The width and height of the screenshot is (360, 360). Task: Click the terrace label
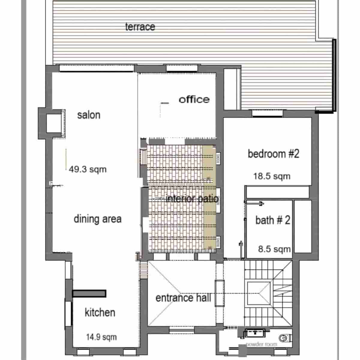tap(140, 27)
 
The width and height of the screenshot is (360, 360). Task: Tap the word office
tap(194, 99)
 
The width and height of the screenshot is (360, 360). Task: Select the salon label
tap(88, 115)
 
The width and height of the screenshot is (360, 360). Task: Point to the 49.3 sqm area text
tap(88, 169)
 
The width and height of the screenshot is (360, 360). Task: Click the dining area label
tap(97, 219)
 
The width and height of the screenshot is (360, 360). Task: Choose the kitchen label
tap(100, 312)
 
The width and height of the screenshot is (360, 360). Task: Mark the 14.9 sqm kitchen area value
tap(101, 337)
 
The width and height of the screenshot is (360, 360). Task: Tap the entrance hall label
tap(183, 298)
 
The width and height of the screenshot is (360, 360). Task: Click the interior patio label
tap(192, 199)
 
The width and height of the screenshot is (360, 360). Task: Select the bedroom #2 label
tap(273, 154)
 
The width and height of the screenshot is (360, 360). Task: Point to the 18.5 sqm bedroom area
tap(272, 176)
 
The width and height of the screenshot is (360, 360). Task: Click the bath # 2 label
tap(273, 220)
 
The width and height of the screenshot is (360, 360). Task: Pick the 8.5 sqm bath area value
tap(274, 249)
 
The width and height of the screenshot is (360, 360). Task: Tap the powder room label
tap(261, 344)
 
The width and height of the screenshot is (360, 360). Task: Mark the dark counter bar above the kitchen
tap(89, 293)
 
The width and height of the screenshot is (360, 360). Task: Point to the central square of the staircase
tap(259, 291)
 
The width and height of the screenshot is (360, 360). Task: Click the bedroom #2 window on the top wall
tap(267, 114)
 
